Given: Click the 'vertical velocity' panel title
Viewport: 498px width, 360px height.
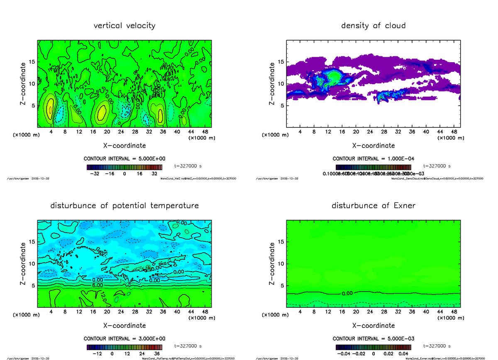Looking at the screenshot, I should [x=124, y=26].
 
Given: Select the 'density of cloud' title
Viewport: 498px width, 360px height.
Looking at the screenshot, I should [x=373, y=26].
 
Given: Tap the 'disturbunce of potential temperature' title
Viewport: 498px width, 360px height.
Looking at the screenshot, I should [x=124, y=206].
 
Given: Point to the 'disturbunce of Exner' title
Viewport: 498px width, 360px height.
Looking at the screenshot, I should [x=373, y=206].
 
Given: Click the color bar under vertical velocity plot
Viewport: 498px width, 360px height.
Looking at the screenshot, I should [x=124, y=167].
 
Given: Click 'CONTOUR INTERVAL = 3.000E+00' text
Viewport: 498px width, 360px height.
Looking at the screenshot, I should [x=124, y=338].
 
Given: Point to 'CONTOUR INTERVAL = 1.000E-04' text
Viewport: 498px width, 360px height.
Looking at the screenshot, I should [x=373, y=158].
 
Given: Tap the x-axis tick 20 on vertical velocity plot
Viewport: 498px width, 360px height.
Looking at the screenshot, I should [x=107, y=131].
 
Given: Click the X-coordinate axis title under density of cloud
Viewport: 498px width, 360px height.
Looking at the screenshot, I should [x=373, y=146].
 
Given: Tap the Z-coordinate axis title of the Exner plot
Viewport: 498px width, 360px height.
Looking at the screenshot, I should [x=272, y=263].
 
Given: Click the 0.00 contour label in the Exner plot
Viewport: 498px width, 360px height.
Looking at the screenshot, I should [x=347, y=293].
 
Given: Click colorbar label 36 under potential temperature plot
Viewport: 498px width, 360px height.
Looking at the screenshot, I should [x=157, y=353].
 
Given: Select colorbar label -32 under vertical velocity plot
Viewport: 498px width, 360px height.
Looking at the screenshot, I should [x=95, y=174].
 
